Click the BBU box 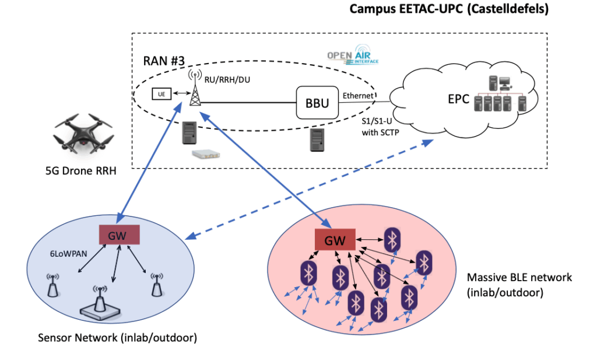317,104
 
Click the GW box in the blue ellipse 120,235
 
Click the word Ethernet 358,95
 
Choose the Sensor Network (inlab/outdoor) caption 117,338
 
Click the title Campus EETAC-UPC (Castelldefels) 449,10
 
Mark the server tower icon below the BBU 317,139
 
